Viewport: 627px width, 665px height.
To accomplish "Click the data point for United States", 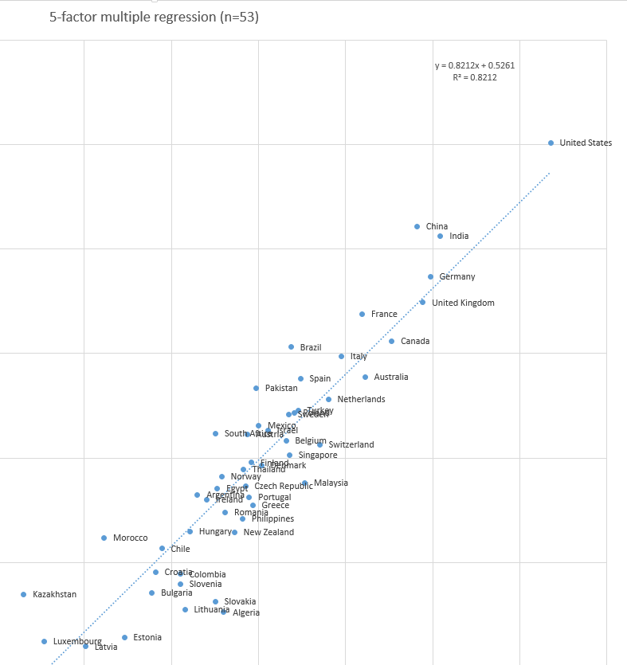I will pos(551,143).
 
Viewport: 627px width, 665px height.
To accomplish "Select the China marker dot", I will pos(417,227).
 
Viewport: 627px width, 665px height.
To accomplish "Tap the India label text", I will pos(459,237).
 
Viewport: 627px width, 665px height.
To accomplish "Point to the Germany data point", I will pos(430,277).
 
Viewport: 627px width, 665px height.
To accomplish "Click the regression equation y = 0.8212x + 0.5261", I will pos(474,65).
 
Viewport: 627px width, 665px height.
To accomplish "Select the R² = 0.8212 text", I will pos(474,77).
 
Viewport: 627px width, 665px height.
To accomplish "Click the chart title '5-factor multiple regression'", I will pos(154,17).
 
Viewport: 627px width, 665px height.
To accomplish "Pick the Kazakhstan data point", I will pos(23,595).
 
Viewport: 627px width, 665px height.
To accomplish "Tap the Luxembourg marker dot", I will pos(44,641).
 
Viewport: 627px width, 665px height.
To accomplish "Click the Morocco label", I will pos(130,538).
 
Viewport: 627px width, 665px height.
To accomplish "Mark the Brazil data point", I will pos(291,347).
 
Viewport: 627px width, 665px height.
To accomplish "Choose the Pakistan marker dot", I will pos(256,389).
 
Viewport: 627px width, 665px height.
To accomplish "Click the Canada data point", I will pos(391,342).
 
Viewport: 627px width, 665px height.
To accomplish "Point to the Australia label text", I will pos(391,377).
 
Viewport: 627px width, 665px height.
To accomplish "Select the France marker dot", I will pos(362,315).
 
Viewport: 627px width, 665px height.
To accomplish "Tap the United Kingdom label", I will pos(463,303).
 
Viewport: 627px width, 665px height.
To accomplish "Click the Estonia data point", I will pos(124,638).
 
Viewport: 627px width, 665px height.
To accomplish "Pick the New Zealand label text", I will pos(268,533).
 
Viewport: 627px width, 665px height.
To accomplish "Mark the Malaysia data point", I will pos(304,483).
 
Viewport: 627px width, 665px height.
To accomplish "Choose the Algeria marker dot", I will pos(224,612).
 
